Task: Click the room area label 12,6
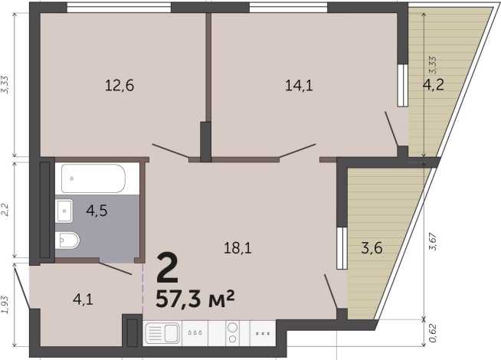[x=120, y=86]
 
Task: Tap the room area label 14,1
[x=299, y=86]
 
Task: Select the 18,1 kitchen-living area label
[x=237, y=248]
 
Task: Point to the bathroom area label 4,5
[x=97, y=211]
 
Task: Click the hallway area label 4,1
[x=83, y=299]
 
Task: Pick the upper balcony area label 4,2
[x=434, y=85]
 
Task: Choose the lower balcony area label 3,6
[x=372, y=248]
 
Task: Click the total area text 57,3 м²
[x=195, y=299]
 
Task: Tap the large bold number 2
[x=167, y=268]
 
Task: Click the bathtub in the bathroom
[x=93, y=178]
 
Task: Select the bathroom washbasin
[x=64, y=211]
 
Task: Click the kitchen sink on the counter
[x=162, y=333]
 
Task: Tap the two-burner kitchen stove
[x=233, y=333]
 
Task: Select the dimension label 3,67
[x=433, y=242]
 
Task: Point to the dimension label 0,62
[x=433, y=333]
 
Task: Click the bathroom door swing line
[x=116, y=268]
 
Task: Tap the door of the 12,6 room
[x=171, y=151]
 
